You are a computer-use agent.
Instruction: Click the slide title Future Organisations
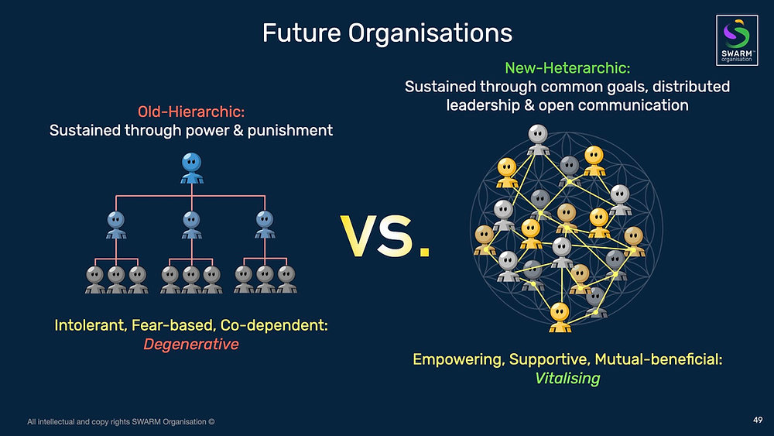point(387,33)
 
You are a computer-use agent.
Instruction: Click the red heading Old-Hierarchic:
point(191,112)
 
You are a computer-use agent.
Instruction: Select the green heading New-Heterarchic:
point(567,68)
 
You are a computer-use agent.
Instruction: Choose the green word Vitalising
point(567,379)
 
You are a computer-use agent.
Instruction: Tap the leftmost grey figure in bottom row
point(95,279)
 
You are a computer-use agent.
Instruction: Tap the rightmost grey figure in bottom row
point(286,279)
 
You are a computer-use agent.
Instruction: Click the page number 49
point(758,421)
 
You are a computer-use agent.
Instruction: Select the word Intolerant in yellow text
point(88,325)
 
